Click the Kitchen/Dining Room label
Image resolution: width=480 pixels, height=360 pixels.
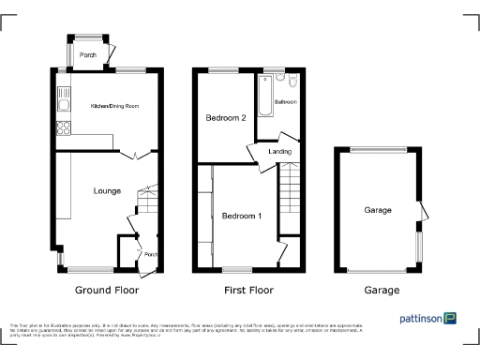click(114, 107)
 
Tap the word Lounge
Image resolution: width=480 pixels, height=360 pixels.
click(107, 191)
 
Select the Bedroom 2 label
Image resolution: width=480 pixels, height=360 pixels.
click(226, 118)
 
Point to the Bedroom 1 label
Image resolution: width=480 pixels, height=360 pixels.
click(242, 217)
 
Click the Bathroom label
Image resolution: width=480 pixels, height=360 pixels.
click(285, 100)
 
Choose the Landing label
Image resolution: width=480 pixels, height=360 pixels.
click(279, 152)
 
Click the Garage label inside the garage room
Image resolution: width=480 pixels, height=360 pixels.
click(378, 211)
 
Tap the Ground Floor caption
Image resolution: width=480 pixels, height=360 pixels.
click(107, 291)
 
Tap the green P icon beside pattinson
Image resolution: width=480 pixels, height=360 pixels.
click(451, 319)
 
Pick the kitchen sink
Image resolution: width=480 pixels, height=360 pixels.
click(63, 94)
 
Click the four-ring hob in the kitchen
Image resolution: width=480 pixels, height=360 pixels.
click(64, 127)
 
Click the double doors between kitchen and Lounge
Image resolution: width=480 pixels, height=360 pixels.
click(132, 155)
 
